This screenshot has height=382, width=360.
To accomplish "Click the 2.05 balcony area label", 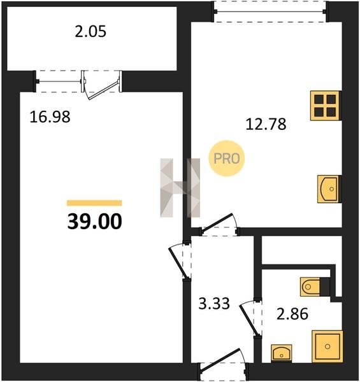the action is coord(90,32).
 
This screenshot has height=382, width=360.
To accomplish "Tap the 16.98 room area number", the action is coord(50,117).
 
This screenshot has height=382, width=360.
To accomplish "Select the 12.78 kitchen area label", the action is coord(266,124).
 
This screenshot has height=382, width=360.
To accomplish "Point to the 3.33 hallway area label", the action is coord(214,304).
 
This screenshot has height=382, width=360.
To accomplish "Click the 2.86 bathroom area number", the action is coord(292,314).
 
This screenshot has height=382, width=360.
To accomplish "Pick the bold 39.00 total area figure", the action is coord(94,222).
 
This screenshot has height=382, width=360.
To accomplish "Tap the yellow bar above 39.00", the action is coord(94,202).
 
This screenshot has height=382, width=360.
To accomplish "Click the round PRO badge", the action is coord(227,159).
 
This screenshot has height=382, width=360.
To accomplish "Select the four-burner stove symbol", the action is coord(325,106).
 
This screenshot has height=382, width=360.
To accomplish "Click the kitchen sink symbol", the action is coord(328,189).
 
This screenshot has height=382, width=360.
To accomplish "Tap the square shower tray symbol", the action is coord(328,346).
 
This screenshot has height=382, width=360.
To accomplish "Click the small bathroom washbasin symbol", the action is coord(281,353).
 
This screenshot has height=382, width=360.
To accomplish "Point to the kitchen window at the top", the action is coord(270,11).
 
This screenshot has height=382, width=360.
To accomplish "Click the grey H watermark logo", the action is coord(180,188).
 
